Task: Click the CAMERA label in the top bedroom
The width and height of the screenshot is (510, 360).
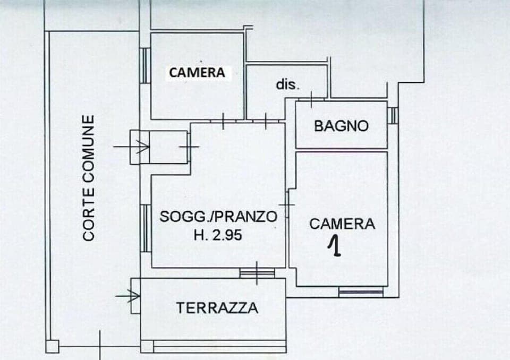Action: coord(197,73)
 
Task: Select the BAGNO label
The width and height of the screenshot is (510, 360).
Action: coord(341,126)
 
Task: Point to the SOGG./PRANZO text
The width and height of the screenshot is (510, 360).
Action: coord(218,217)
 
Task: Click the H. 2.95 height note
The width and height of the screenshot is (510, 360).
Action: coord(218,234)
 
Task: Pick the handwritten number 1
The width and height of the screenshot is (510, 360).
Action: coord(335,246)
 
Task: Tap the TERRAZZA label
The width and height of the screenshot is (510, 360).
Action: coord(218,307)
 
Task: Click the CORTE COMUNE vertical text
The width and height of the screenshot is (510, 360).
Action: coord(89,178)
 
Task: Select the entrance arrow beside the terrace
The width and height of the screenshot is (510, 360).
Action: coord(127,295)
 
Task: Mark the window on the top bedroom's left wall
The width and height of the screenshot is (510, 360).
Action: coord(144,65)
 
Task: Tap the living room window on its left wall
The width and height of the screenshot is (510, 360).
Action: coord(144,228)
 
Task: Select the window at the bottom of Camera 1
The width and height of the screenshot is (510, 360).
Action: coord(361,292)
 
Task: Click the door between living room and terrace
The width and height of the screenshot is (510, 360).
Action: coord(257,273)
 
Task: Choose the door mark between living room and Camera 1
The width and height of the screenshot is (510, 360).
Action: coord(287,204)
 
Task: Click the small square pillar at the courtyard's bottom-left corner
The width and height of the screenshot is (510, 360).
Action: coord(52,347)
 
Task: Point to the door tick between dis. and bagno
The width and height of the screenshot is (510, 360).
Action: coord(311,98)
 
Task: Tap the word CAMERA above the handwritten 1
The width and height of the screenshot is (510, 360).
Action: coord(342,224)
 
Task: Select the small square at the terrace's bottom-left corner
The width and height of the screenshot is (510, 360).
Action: coord(147,347)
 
